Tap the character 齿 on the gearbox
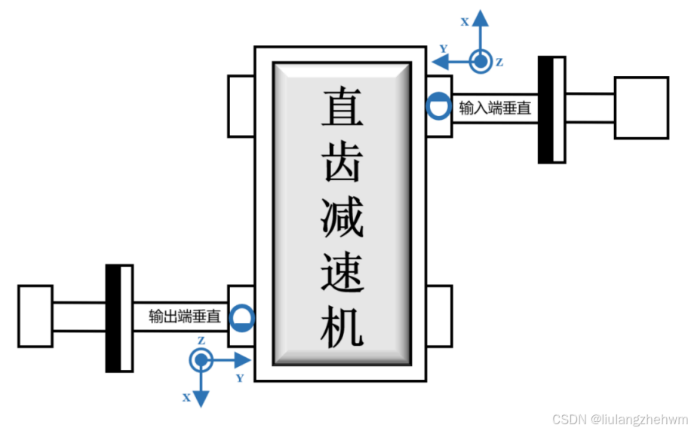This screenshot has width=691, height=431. (x=342, y=161)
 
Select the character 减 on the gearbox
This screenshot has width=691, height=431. (x=342, y=216)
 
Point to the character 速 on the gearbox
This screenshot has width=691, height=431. (x=342, y=271)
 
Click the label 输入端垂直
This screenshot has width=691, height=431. (x=495, y=109)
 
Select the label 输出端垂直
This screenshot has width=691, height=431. (x=186, y=317)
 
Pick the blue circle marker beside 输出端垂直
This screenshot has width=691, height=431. (x=242, y=317)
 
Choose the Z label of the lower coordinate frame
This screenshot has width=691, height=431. (x=201, y=341)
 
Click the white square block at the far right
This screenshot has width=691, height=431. (x=641, y=108)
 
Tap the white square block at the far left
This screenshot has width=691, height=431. (x=35, y=316)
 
